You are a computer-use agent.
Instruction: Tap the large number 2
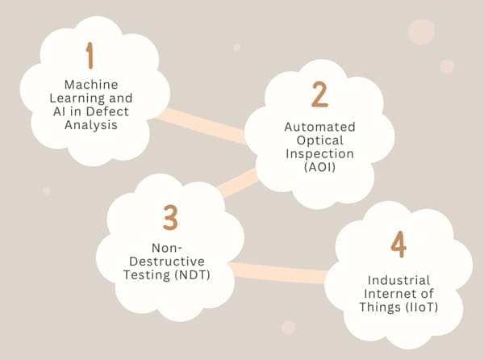(319, 95)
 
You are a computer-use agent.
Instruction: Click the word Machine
(90, 84)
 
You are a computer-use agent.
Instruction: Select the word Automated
(319, 126)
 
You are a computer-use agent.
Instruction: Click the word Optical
(319, 140)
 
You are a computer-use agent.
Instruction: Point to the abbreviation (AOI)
(319, 167)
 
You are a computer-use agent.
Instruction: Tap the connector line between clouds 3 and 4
(278, 273)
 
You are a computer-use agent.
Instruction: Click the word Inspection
(319, 153)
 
